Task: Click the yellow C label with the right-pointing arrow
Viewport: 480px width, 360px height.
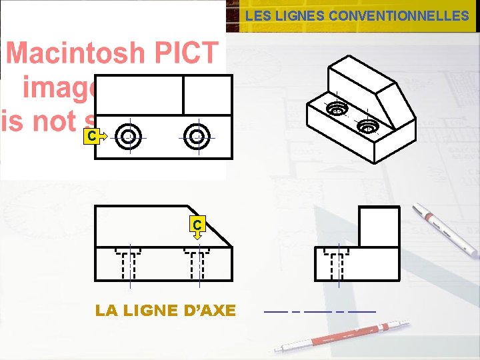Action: [x=94, y=137]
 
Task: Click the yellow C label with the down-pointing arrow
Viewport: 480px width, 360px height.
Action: [x=197, y=226]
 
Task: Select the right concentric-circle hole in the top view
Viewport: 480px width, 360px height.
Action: [x=197, y=137]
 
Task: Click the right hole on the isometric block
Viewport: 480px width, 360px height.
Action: [x=367, y=125]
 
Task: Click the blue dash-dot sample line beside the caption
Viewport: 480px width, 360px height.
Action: [x=320, y=311]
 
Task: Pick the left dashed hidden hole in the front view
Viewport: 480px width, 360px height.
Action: [x=129, y=263]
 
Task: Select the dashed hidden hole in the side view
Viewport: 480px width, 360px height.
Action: [x=337, y=263]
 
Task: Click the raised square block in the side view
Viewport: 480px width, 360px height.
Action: [x=379, y=227]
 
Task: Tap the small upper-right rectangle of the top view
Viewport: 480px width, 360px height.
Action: [x=207, y=95]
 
